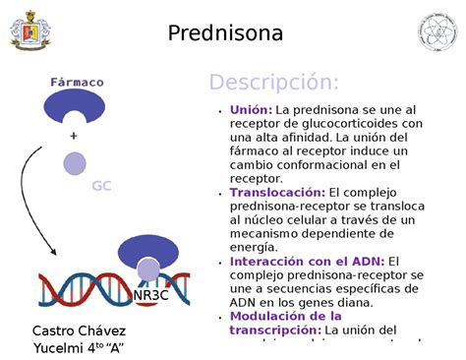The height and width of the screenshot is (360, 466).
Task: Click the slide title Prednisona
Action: (x=225, y=33)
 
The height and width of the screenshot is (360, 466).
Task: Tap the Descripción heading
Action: (x=273, y=82)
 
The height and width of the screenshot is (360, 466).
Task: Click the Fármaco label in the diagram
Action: (x=77, y=83)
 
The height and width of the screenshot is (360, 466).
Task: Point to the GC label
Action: (x=101, y=186)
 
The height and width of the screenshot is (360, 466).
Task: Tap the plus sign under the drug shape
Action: (x=74, y=135)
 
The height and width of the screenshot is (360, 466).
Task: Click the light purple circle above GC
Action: (x=75, y=163)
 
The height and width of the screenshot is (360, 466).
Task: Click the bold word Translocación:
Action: (x=277, y=193)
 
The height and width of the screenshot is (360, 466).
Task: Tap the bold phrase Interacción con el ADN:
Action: (x=307, y=262)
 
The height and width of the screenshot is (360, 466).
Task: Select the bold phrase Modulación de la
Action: (x=285, y=317)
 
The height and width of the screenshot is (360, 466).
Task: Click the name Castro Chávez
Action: (x=79, y=330)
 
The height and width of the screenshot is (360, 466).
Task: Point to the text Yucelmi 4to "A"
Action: (x=79, y=348)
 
